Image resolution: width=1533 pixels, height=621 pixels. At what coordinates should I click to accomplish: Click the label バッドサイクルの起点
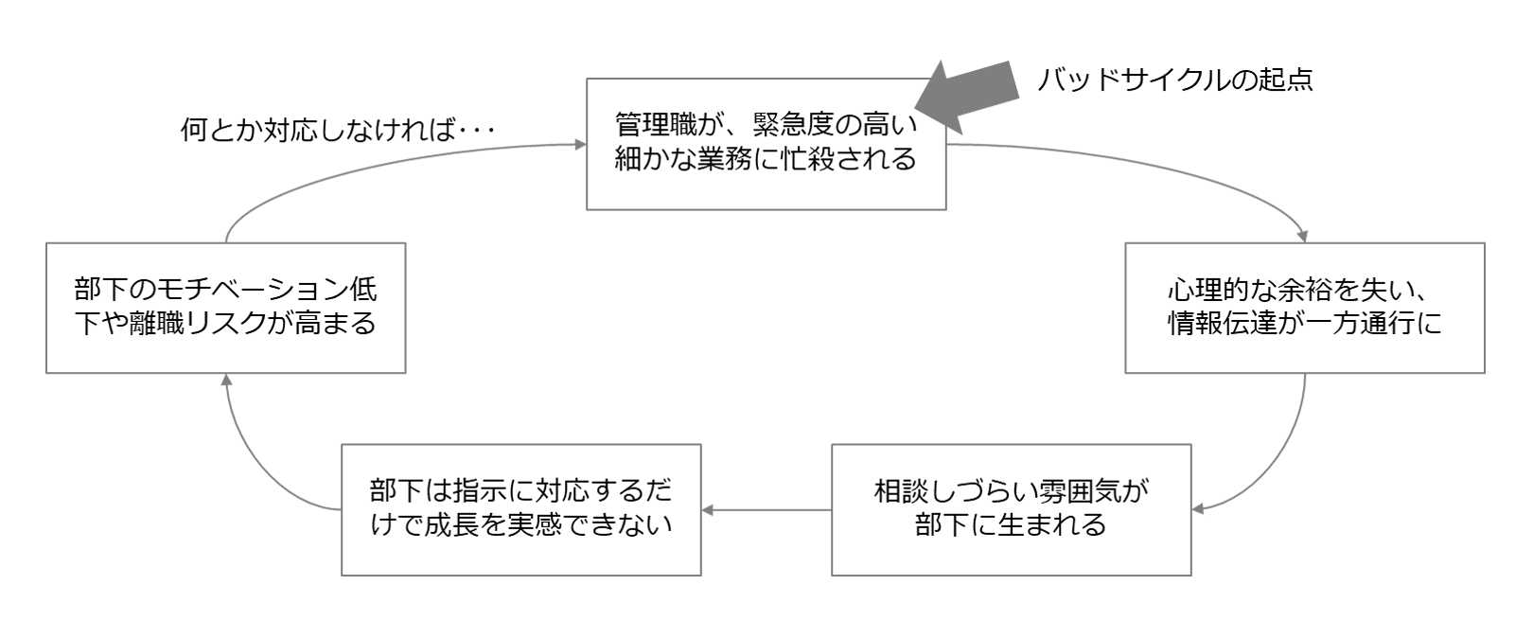point(1175,80)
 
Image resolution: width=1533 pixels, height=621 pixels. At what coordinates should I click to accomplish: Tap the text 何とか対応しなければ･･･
point(338,129)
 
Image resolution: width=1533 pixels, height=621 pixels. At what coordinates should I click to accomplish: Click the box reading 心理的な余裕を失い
point(1304,308)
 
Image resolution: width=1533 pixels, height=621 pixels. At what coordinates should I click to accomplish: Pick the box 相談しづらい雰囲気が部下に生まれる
point(1011,509)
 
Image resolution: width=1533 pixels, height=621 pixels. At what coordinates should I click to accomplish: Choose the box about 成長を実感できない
point(520,509)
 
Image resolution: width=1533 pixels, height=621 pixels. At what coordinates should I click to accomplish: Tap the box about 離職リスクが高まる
point(225,308)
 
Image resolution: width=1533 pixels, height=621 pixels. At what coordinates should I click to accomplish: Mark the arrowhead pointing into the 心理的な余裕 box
point(1304,237)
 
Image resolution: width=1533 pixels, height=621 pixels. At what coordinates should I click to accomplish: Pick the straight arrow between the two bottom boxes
point(766,510)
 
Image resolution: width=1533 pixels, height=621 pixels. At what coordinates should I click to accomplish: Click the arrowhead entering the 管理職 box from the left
point(579,145)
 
